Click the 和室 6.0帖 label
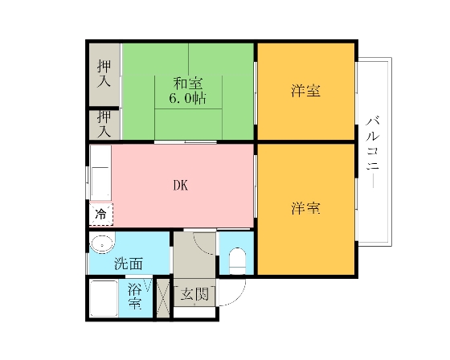click(188, 91)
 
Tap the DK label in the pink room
click(181, 186)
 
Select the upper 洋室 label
click(305, 91)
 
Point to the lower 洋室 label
click(305, 208)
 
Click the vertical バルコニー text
click(373, 152)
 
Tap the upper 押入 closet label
click(104, 73)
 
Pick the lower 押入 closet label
click(104, 124)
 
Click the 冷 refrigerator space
click(100, 215)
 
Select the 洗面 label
click(129, 264)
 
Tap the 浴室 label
click(135, 296)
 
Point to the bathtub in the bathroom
click(104, 298)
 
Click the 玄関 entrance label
click(194, 293)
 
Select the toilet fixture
click(237, 260)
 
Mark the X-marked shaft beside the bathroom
click(163, 298)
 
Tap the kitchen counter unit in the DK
click(100, 173)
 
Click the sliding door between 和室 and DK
click(186, 142)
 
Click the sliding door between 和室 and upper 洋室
click(256, 92)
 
